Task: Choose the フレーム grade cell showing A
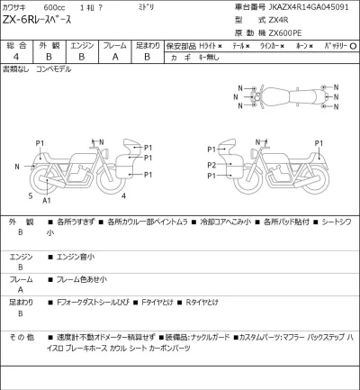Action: [114, 55]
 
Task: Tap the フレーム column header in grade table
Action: [114, 43]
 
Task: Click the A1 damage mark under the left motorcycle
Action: [47, 201]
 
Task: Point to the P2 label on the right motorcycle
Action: [211, 166]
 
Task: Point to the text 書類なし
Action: [15, 68]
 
